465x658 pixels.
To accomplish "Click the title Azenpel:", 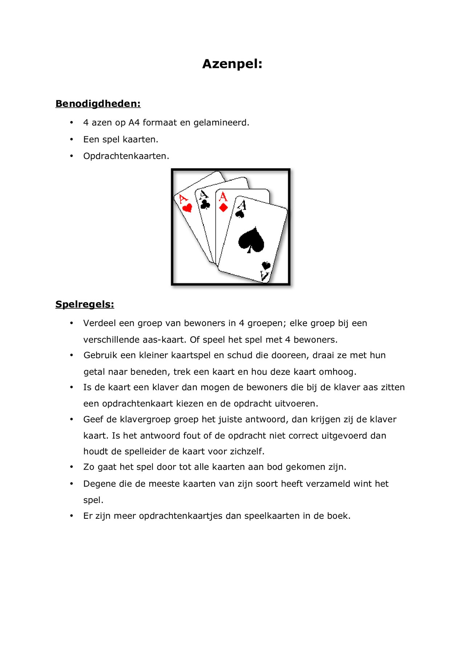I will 232,64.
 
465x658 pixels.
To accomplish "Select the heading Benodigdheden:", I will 98,104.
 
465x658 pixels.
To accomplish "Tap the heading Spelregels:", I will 85,304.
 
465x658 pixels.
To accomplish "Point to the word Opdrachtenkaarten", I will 126,156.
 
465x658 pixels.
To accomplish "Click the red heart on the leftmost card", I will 187,208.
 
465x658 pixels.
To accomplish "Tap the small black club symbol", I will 205,205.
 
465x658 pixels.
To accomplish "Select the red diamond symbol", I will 223,208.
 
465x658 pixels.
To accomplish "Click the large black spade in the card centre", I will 251,240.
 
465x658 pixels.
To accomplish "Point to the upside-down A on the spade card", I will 265,276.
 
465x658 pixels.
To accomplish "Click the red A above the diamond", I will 223,197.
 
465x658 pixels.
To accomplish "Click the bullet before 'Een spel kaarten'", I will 72,140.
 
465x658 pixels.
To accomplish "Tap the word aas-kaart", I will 164,340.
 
